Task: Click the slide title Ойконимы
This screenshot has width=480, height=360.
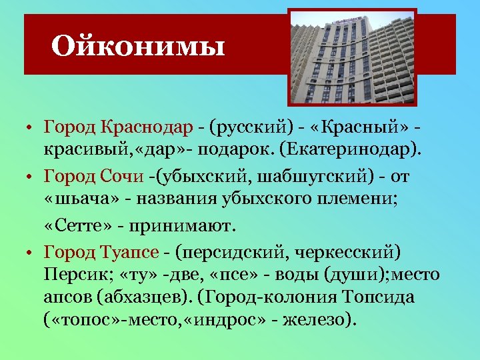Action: coord(138,46)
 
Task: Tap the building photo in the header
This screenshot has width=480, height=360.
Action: coord(352,56)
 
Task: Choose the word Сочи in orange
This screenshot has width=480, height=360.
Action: coord(123,177)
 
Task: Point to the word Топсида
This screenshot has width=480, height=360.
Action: coord(383,297)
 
